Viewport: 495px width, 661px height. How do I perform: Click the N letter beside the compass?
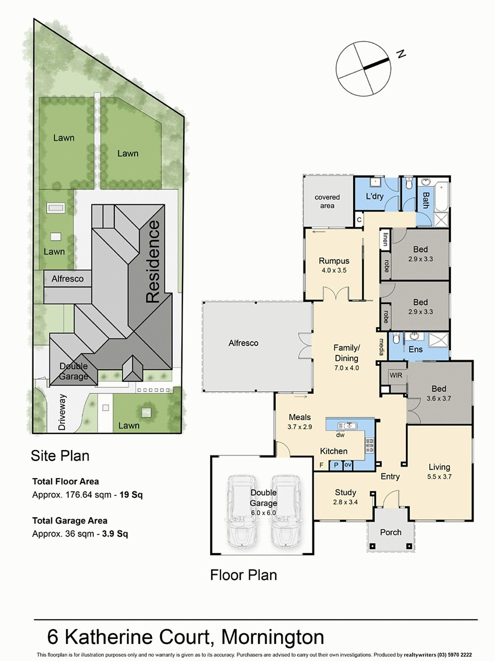click(401, 54)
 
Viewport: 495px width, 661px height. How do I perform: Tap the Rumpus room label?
click(334, 261)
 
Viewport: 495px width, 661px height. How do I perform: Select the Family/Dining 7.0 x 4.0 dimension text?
click(346, 368)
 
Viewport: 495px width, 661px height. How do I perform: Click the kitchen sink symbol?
click(347, 426)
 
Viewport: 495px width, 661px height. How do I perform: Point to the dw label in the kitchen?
click(340, 435)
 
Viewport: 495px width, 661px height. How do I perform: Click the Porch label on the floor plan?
click(391, 532)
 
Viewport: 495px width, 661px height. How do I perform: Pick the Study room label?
click(345, 492)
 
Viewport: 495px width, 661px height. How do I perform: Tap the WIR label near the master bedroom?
click(396, 375)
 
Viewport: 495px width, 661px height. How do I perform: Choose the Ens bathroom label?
click(416, 350)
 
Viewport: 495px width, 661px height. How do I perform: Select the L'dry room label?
click(375, 197)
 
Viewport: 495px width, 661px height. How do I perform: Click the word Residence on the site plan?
click(153, 262)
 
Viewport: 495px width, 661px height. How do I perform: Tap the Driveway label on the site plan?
click(61, 412)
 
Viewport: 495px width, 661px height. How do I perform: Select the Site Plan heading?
click(60, 456)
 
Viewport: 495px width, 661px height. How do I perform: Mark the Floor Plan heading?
click(243, 575)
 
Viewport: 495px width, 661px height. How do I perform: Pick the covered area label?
click(327, 202)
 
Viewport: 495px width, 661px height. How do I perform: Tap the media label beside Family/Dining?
click(382, 347)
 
